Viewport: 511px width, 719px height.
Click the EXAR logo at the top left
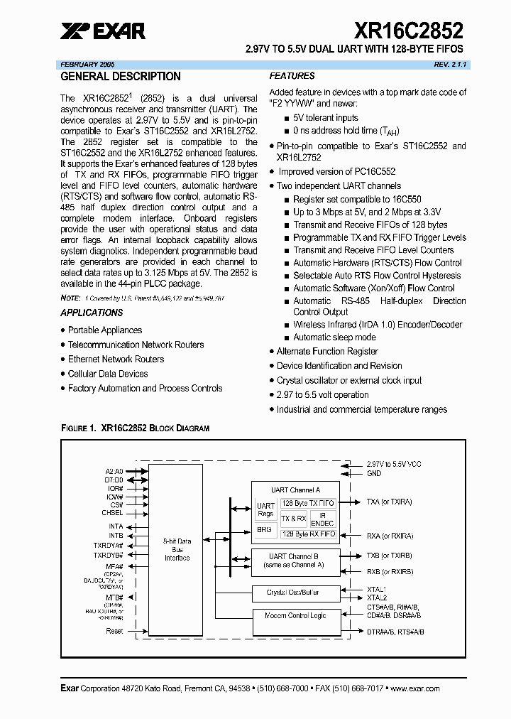point(103,31)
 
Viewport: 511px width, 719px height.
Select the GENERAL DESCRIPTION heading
point(121,77)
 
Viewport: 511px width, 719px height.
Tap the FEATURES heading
point(292,76)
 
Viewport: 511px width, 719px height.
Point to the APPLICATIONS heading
point(92,313)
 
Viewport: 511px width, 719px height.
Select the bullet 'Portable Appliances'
point(104,330)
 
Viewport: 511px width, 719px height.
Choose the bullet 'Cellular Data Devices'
point(108,374)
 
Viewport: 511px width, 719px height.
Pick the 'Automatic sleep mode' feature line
point(334,337)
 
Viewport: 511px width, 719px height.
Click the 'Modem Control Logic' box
point(296,615)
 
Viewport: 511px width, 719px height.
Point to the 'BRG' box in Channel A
point(264,529)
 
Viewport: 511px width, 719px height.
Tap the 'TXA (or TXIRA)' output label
point(389,502)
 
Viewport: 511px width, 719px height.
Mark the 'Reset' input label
point(114,631)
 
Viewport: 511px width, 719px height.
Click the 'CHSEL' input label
point(112,512)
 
